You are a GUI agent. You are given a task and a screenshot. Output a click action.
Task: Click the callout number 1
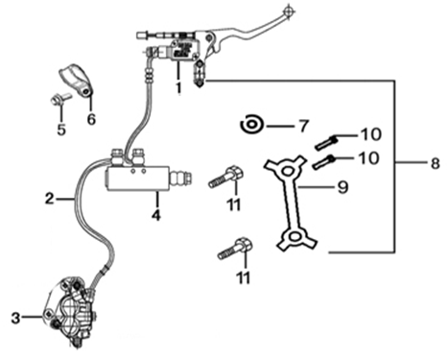click(178, 87)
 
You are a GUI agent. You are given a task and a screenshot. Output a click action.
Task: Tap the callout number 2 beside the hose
click(50, 199)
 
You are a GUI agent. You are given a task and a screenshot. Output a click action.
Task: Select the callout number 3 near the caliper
click(15, 318)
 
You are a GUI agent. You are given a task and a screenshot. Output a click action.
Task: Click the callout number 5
click(61, 130)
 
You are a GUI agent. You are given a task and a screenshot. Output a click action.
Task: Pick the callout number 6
click(91, 119)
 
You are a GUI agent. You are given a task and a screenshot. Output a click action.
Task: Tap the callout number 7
click(304, 126)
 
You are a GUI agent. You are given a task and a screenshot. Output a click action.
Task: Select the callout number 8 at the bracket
click(435, 163)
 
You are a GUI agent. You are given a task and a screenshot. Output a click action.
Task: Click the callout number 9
click(342, 187)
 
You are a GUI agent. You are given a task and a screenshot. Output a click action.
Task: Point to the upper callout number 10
click(370, 134)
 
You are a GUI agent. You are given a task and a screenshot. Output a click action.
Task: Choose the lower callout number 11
click(244, 277)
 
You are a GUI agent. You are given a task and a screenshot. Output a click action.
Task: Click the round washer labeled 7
click(251, 125)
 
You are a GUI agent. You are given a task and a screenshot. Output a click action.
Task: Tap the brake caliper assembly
click(70, 312)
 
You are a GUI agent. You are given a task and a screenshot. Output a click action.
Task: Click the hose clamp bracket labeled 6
click(76, 80)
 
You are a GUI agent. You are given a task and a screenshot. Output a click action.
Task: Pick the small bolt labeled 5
click(60, 97)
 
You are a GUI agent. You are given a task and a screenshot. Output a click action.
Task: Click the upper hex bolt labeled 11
click(225, 177)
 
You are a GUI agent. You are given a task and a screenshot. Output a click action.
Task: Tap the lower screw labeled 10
click(323, 162)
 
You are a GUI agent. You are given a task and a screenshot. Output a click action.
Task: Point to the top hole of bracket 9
click(287, 171)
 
